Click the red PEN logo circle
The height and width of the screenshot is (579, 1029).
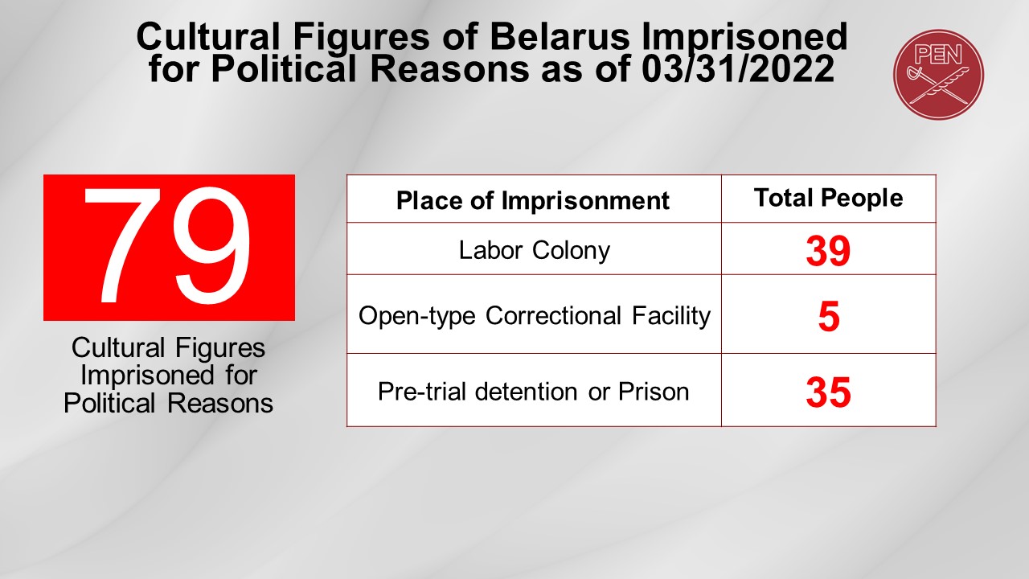point(938,75)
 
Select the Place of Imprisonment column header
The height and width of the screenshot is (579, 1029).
point(533,200)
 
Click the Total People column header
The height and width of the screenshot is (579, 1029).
point(829,198)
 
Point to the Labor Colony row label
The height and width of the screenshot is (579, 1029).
point(535,250)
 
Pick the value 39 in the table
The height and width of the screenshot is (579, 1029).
point(828,251)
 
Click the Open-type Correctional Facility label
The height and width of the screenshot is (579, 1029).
point(535,316)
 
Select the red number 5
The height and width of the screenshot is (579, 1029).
point(829,317)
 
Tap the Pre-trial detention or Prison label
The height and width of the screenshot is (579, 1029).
point(533,392)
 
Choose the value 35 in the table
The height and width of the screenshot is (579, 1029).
point(828,392)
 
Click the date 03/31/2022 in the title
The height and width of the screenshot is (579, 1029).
point(737,69)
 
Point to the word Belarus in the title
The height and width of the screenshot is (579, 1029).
point(560,37)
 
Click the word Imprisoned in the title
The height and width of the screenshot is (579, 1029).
point(744,38)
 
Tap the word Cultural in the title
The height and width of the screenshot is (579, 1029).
point(208,37)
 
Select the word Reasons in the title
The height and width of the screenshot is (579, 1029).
point(449,69)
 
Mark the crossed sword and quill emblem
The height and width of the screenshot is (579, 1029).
point(938,84)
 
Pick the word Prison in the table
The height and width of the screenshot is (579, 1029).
point(654,392)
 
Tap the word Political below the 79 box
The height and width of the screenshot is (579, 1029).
point(109,404)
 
